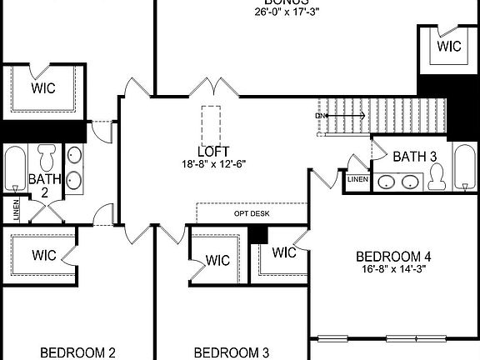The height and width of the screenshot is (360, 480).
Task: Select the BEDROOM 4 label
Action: pos(393,256)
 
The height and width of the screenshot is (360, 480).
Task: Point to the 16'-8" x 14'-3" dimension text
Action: pos(393,268)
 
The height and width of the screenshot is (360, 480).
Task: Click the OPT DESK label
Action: pos(252,213)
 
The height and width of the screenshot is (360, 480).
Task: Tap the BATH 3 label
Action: pos(415,156)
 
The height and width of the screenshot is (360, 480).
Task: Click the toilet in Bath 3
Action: pos(436,176)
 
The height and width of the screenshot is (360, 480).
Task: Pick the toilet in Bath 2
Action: pos(47,156)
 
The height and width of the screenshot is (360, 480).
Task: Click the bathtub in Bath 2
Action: pos(15,169)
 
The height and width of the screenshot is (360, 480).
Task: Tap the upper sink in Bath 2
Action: pos(74,156)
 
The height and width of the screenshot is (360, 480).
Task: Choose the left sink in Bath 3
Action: pos(386,182)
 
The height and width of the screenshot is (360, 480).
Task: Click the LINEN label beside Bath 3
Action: pos(357,179)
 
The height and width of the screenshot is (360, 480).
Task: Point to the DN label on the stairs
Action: pos(320,116)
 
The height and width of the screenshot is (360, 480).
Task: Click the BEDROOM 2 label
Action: pos(77,352)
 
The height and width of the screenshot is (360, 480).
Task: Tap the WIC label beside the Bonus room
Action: pos(449,47)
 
